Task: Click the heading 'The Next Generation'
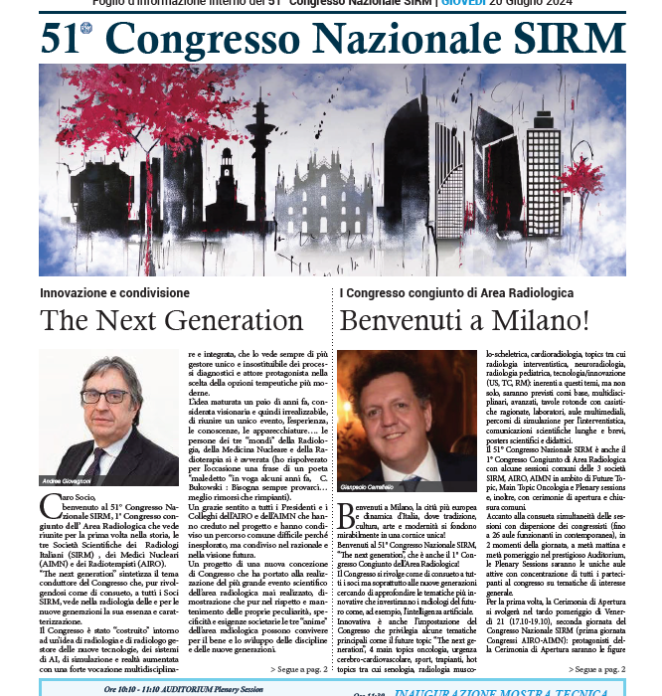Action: point(171,321)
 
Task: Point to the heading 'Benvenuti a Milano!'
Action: point(464,321)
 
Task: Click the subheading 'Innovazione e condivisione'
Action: point(114,294)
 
